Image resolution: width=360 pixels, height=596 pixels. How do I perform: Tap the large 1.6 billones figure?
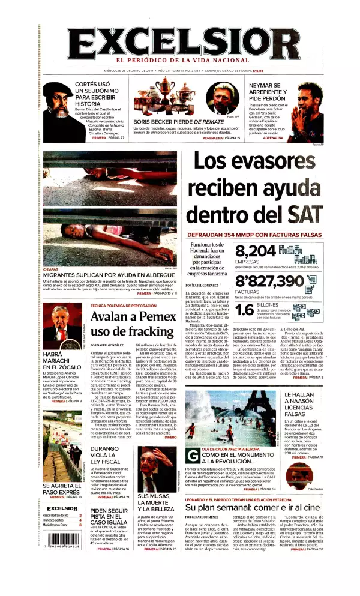[x=244, y=310]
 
